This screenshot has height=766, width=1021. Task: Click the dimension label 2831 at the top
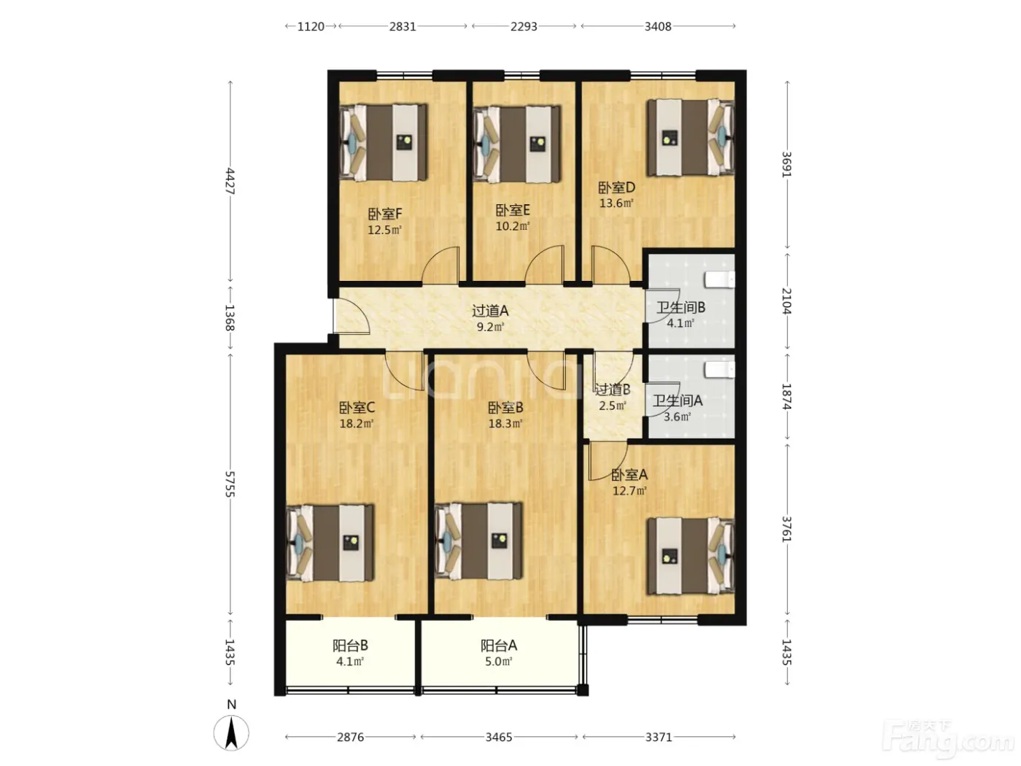403,26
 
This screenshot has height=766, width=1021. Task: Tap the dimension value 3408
658,26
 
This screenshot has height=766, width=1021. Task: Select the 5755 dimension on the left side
230,484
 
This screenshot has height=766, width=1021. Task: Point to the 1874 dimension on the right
786,397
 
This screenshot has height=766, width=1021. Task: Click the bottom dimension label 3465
499,737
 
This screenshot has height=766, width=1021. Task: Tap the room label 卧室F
384,214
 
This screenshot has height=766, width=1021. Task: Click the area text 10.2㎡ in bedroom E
512,226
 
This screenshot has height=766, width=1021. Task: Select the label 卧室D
616,187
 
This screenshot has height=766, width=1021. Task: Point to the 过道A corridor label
490,311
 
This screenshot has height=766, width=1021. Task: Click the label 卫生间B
680,307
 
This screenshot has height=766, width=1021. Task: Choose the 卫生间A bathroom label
678,401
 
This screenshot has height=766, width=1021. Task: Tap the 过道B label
613,390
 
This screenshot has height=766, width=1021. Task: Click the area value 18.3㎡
505,424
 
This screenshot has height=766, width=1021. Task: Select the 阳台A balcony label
499,646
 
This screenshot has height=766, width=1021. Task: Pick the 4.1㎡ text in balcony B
350,662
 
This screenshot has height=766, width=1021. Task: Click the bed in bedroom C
330,543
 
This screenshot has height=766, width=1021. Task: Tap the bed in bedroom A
691,556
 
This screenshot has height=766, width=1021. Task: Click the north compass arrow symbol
231,733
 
